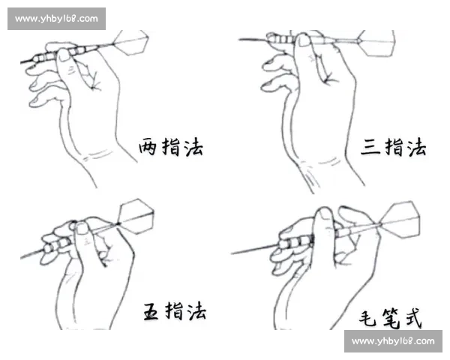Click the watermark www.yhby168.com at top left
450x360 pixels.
pyautogui.click(x=56, y=18)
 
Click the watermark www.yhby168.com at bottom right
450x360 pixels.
pyautogui.click(x=392, y=341)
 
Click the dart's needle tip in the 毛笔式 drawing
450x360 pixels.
pyautogui.click(x=233, y=253)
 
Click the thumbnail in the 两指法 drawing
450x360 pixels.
pyautogui.click(x=64, y=54)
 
